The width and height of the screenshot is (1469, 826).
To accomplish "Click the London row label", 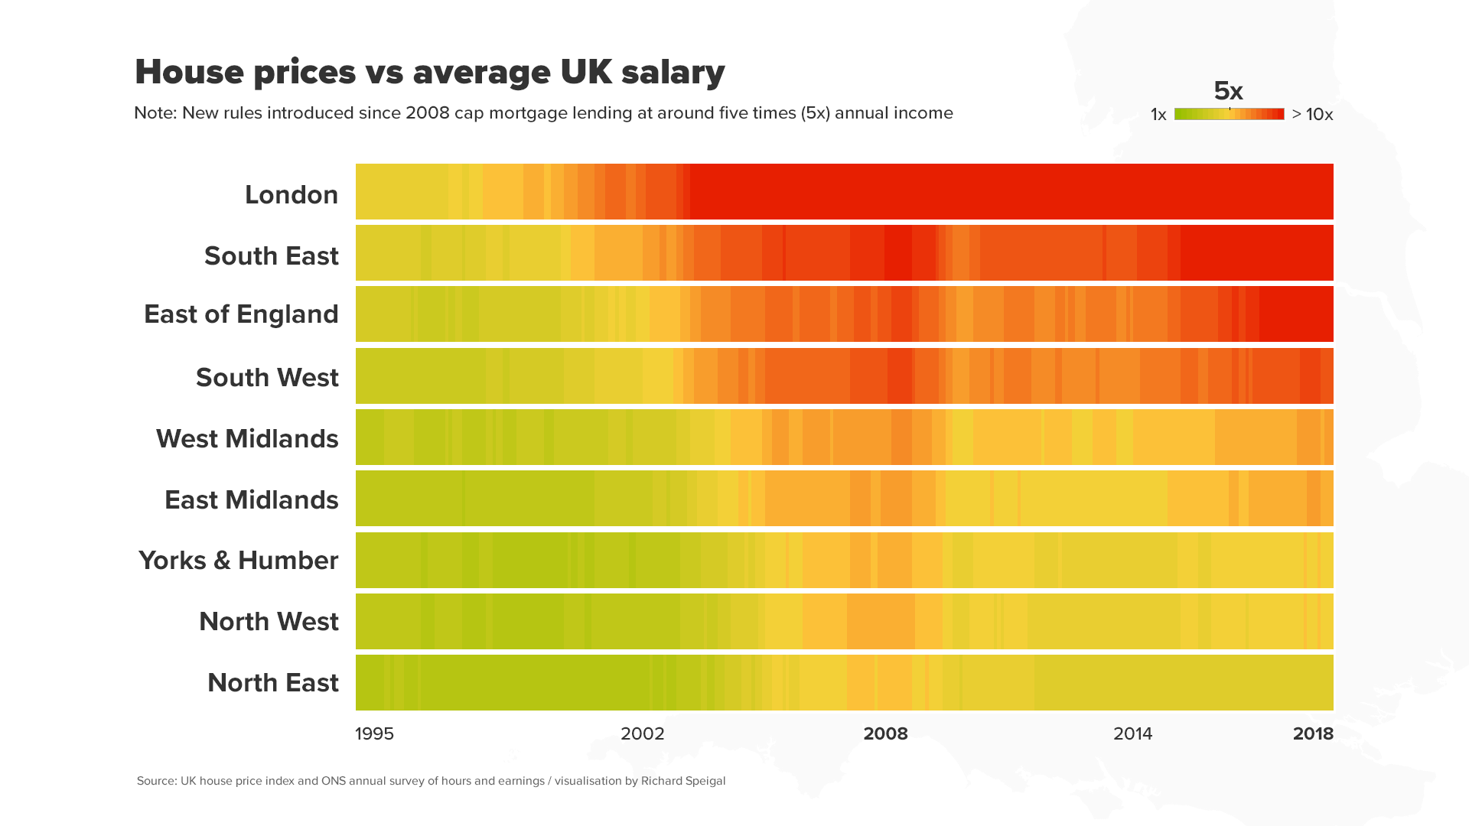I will (x=292, y=194).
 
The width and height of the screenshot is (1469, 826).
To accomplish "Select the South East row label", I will (x=271, y=255).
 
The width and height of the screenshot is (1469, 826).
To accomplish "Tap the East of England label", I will (x=241, y=314).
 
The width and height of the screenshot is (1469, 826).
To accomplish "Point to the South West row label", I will (x=267, y=377).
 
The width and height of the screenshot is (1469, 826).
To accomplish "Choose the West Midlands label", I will (x=247, y=438).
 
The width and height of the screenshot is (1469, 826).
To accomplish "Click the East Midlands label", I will (x=251, y=499).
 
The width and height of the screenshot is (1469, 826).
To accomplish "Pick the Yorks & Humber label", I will (x=238, y=560).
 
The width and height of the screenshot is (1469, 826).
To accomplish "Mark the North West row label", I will (x=269, y=621).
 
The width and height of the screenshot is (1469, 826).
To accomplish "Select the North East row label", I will (x=272, y=682).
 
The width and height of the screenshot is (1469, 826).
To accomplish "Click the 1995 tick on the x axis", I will (x=374, y=733).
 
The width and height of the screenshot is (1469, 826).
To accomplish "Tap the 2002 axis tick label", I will (x=642, y=733).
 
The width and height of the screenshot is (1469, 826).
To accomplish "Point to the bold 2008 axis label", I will (x=885, y=733).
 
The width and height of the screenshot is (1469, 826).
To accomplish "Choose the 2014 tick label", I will (x=1132, y=733).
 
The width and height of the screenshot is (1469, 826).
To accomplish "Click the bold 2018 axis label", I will (x=1313, y=733).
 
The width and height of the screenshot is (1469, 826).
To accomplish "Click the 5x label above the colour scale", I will (x=1228, y=91).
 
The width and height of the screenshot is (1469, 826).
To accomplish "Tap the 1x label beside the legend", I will (x=1158, y=115).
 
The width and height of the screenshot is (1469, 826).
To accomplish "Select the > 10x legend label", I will (x=1312, y=115).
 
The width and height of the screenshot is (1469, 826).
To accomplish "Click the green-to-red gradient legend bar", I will (x=1229, y=114).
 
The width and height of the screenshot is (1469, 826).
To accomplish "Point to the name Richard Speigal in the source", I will (x=683, y=781).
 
